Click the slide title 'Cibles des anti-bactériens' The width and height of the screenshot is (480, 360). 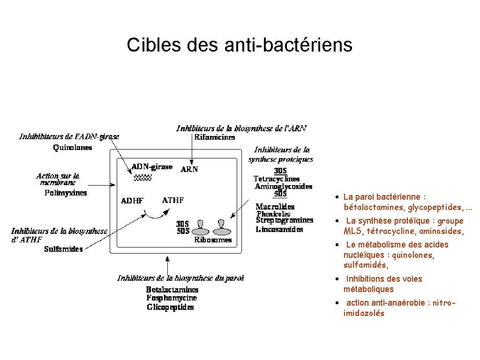coord(239,45)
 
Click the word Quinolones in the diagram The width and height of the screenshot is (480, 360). coord(73,148)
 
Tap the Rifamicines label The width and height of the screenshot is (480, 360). coord(215,137)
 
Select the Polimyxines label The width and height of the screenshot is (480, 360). coord(66,193)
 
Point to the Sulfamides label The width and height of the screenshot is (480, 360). coord(63,249)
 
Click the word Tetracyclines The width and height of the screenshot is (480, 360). coord(277,179)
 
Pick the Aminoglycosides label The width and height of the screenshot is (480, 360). coord(284,187)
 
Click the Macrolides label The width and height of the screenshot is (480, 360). coord(275,207)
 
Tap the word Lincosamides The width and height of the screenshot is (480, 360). coord(279,229)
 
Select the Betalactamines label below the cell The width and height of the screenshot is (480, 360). coord(172,290)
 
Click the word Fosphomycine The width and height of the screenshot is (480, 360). coord(172,298)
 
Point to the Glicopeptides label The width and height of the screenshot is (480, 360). coord(170,307)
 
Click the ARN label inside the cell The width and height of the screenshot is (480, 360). coord(189,170)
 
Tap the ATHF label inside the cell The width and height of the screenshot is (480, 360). coord(172,201)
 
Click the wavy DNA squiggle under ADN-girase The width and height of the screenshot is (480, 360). coord(142,177)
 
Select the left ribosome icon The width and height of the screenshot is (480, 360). coord(202,227)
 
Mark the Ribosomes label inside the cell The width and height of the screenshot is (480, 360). coord(213,240)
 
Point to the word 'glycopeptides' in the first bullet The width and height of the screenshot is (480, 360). coord(434,207)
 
